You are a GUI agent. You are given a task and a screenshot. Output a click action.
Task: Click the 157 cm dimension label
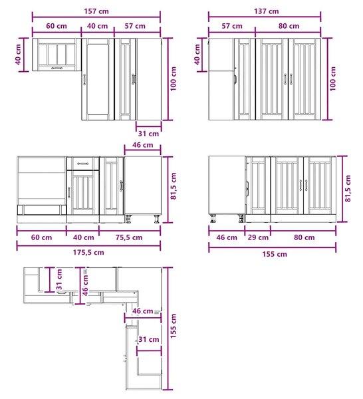point(96,11)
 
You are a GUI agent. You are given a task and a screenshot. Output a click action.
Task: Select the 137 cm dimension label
point(267,11)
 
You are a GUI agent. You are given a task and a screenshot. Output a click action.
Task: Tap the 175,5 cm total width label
point(88,253)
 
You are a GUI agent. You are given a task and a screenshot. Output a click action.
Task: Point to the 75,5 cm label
point(129,237)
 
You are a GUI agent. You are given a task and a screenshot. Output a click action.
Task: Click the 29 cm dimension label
point(258,237)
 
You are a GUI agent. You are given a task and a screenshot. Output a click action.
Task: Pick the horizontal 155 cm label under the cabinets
point(275,254)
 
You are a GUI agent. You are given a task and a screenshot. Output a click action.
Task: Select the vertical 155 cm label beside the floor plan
point(174,326)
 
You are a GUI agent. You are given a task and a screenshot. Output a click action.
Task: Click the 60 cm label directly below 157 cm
point(57,26)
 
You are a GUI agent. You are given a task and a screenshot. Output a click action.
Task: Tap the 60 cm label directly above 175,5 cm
point(41,237)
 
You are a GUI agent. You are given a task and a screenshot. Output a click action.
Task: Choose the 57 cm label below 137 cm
point(232,26)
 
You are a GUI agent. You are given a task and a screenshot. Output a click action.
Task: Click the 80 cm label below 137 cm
point(289,26)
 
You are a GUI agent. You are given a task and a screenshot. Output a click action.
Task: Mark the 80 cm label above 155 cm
point(304,237)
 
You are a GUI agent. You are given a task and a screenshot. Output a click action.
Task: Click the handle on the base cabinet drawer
point(83,164)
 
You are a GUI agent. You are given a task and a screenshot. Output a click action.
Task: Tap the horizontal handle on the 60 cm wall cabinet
point(57,68)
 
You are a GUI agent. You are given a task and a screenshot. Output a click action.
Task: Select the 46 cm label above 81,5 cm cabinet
point(143,145)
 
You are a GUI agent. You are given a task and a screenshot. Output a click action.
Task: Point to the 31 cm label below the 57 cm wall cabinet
point(148,134)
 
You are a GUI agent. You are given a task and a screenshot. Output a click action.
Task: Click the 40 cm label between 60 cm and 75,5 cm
point(83,237)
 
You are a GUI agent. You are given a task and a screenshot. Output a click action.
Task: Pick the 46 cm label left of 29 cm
point(227,237)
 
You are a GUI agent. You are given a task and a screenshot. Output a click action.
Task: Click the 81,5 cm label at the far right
point(348,189)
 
